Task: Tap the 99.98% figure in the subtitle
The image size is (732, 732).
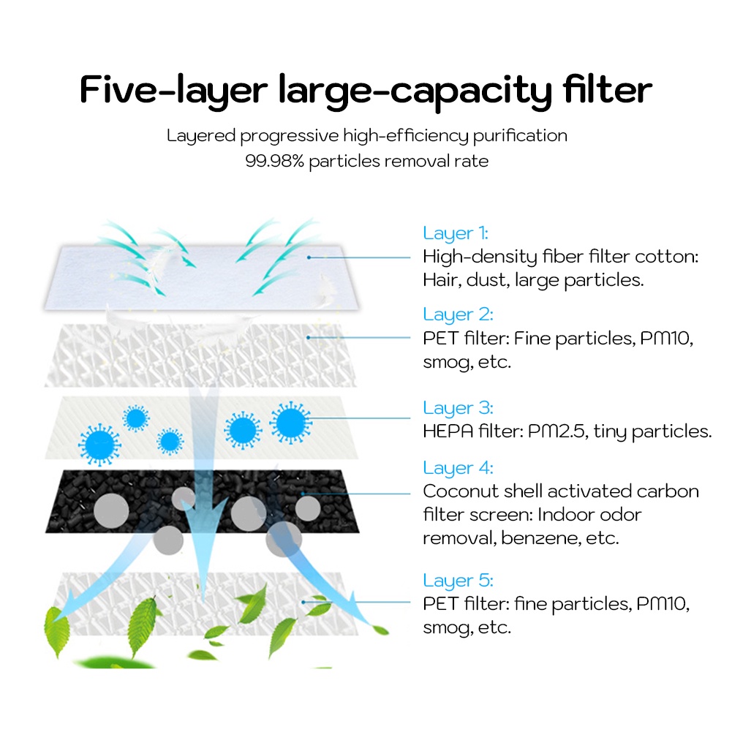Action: pyautogui.click(x=274, y=161)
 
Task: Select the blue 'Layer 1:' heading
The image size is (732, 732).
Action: pyautogui.click(x=455, y=233)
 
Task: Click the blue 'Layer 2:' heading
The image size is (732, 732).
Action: pyautogui.click(x=458, y=314)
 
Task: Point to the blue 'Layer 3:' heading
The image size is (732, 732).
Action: pyautogui.click(x=458, y=407)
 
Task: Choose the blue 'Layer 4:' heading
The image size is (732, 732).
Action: pyautogui.click(x=458, y=467)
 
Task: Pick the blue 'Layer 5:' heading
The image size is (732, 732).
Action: pyautogui.click(x=458, y=581)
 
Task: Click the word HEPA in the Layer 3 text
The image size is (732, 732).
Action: pyautogui.click(x=448, y=431)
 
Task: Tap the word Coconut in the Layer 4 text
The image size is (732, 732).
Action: pyautogui.click(x=459, y=491)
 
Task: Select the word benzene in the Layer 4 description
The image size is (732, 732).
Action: pyautogui.click(x=540, y=538)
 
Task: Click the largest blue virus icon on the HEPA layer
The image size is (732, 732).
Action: pyautogui.click(x=291, y=423)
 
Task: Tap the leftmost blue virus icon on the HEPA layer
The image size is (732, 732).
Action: pyautogui.click(x=99, y=445)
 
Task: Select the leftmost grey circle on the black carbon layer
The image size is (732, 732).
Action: pyautogui.click(x=111, y=511)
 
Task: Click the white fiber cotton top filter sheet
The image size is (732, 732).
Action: pyautogui.click(x=202, y=277)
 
